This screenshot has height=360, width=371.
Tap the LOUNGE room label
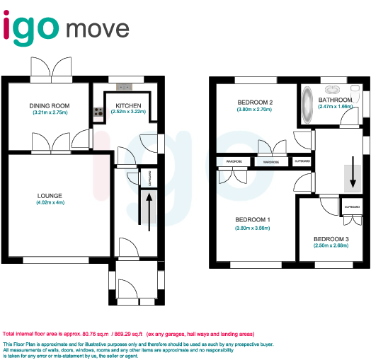50,196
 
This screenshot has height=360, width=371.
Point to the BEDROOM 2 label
255,103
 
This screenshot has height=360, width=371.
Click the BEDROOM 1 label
253,219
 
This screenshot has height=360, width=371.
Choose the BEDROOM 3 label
331,239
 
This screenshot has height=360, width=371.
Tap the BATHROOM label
335,100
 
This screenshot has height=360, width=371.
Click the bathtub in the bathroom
308,105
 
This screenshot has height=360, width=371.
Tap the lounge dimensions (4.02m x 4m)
50,204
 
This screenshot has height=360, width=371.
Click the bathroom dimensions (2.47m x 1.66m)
336,107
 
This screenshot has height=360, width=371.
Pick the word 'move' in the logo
98,29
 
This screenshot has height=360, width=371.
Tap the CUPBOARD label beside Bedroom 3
352,206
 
